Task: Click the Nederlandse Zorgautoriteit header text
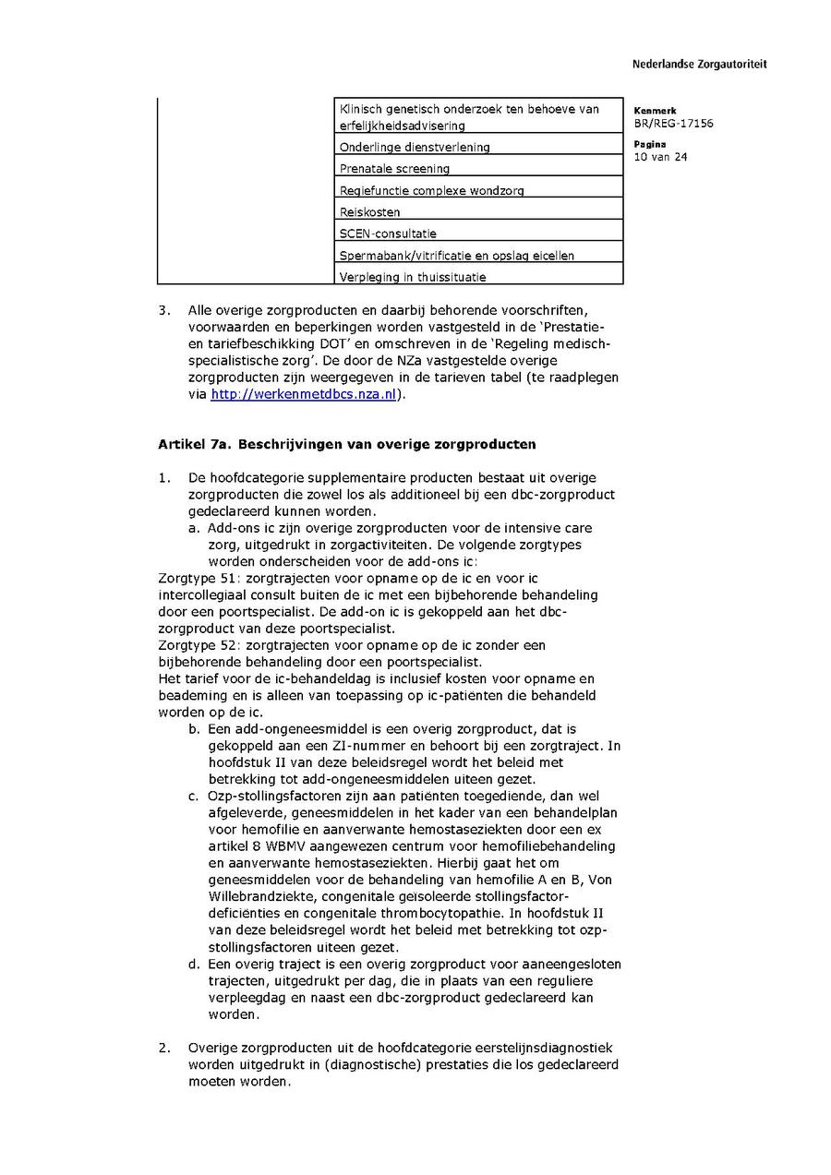[699, 65]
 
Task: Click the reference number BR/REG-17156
[673, 124]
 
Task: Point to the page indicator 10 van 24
[660, 157]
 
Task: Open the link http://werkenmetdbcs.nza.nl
[303, 394]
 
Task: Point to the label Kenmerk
[655, 111]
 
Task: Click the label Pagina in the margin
[649, 145]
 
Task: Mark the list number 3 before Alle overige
[163, 310]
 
